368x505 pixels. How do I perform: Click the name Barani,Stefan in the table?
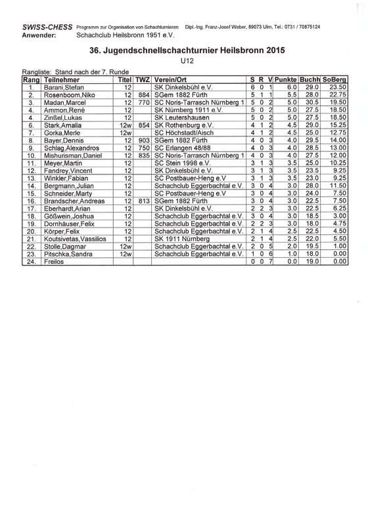(x=64, y=87)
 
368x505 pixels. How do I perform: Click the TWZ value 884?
(x=144, y=95)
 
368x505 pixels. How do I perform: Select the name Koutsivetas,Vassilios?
(x=74, y=238)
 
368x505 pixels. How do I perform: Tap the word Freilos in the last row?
(x=55, y=261)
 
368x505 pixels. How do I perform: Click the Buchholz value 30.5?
(x=312, y=102)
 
